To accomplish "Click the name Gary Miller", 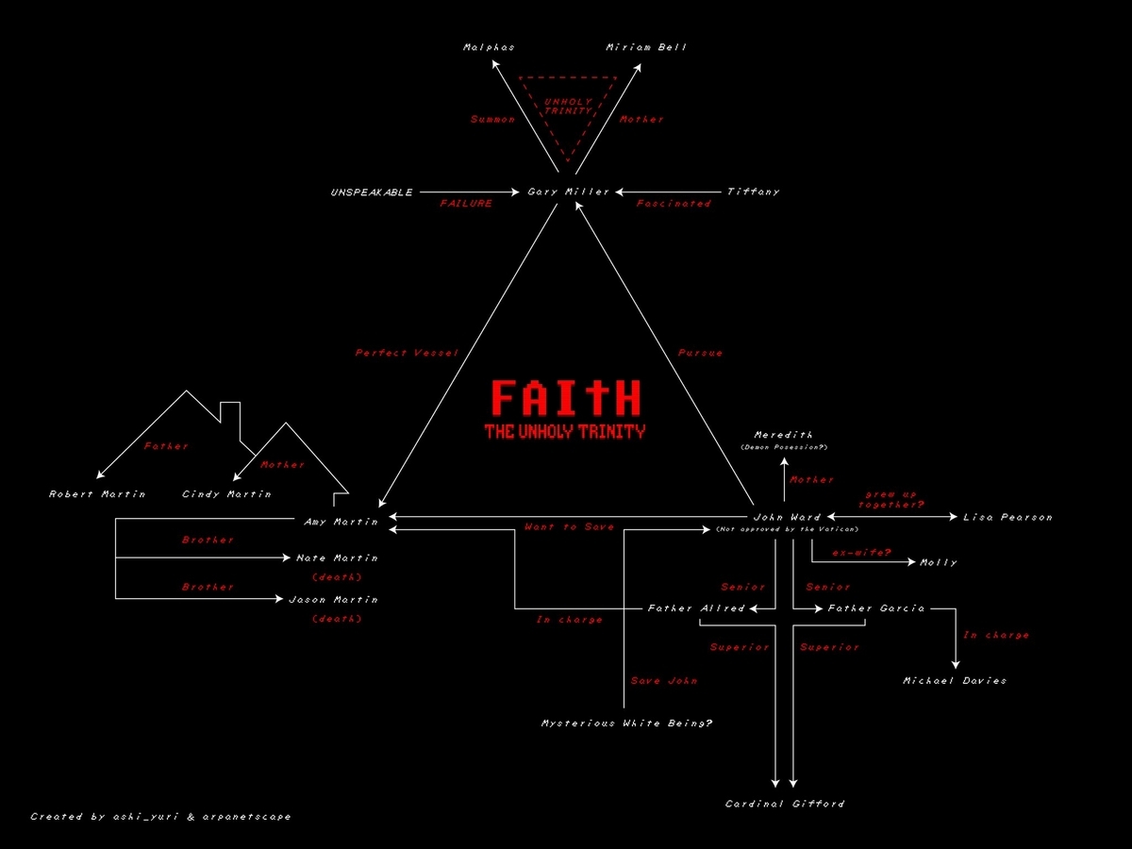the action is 568,191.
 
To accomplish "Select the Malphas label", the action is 489,47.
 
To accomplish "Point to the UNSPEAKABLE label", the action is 372,192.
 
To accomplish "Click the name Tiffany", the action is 753,191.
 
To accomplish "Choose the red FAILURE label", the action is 466,204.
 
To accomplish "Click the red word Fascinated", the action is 673,204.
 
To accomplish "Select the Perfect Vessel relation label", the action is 407,353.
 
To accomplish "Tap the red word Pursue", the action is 700,353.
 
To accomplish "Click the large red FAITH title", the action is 566,398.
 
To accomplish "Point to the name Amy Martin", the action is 341,522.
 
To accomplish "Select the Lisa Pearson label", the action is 1007,517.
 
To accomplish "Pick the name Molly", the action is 938,563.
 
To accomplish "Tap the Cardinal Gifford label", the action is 785,804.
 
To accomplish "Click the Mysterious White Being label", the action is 626,724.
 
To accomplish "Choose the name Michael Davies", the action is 955,681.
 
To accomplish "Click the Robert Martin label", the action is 97,494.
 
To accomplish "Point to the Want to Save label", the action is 569,527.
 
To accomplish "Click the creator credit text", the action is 160,817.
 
